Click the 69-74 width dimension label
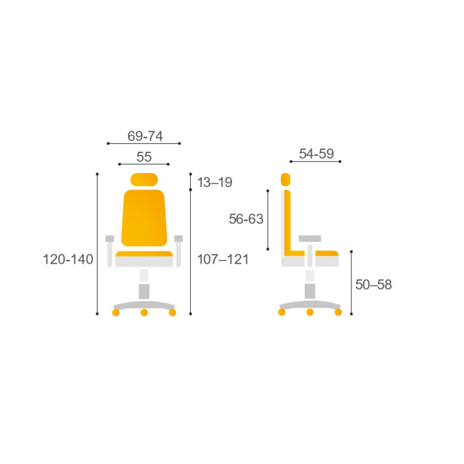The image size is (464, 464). point(145,136)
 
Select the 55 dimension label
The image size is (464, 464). point(144,157)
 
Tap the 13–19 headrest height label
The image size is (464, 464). point(215,182)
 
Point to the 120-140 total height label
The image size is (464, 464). point(68,259)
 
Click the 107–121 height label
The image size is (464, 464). point(223,259)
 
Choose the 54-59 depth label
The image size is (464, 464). point(316,154)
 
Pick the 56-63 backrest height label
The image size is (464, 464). point(246,219)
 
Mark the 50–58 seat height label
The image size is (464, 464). point(373,284)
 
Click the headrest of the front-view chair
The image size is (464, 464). point(144,180)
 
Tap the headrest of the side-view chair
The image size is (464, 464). point(286,180)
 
